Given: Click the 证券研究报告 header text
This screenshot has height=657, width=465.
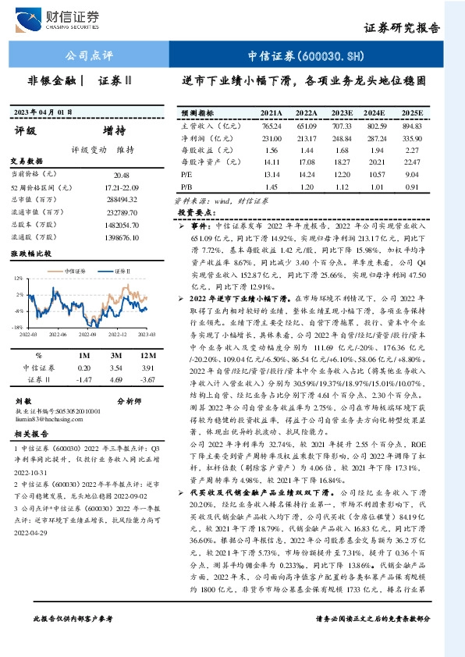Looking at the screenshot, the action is (x=402, y=29).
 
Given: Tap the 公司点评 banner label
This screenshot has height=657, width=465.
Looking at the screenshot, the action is (x=88, y=56).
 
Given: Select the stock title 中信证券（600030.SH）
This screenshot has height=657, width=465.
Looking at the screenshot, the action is (x=306, y=56).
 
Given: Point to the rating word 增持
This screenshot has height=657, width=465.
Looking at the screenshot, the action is (x=113, y=130).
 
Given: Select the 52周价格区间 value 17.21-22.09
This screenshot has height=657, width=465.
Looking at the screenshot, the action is (x=121, y=189).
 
